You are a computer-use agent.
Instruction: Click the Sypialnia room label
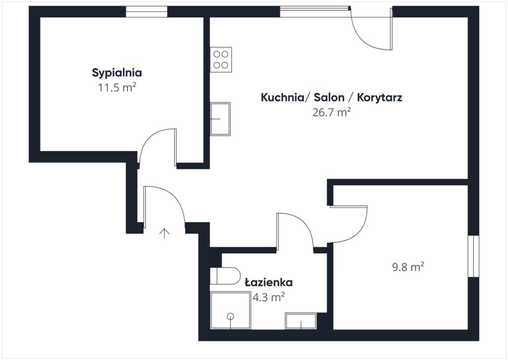tap(117, 72)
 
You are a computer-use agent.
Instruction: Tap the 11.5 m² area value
tap(117, 87)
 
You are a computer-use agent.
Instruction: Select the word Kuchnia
tap(282, 97)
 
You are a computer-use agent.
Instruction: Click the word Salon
tap(329, 97)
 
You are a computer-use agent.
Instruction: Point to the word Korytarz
tap(380, 98)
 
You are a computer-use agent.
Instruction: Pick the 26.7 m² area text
tap(331, 112)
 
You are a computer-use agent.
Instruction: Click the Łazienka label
tap(268, 282)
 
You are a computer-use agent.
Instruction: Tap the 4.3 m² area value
tap(268, 297)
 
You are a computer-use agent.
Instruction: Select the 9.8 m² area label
tap(408, 267)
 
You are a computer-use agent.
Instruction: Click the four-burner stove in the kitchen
tap(221, 60)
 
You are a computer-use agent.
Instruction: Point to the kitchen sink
tap(220, 119)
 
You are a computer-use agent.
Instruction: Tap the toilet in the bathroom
tap(225, 276)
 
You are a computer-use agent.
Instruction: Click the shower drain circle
tap(231, 316)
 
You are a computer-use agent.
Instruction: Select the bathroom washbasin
tap(301, 321)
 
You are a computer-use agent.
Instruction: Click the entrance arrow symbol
tap(165, 233)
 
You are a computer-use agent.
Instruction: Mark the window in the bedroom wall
tap(146, 12)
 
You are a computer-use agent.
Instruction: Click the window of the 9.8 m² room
tap(473, 256)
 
